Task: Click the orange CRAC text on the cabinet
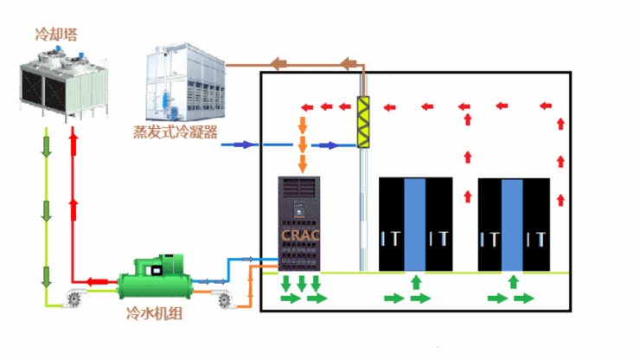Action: (x=300, y=234)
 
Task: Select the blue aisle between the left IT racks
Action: (x=416, y=224)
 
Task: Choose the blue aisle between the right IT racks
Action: (x=514, y=224)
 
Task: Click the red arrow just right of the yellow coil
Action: (x=391, y=107)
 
